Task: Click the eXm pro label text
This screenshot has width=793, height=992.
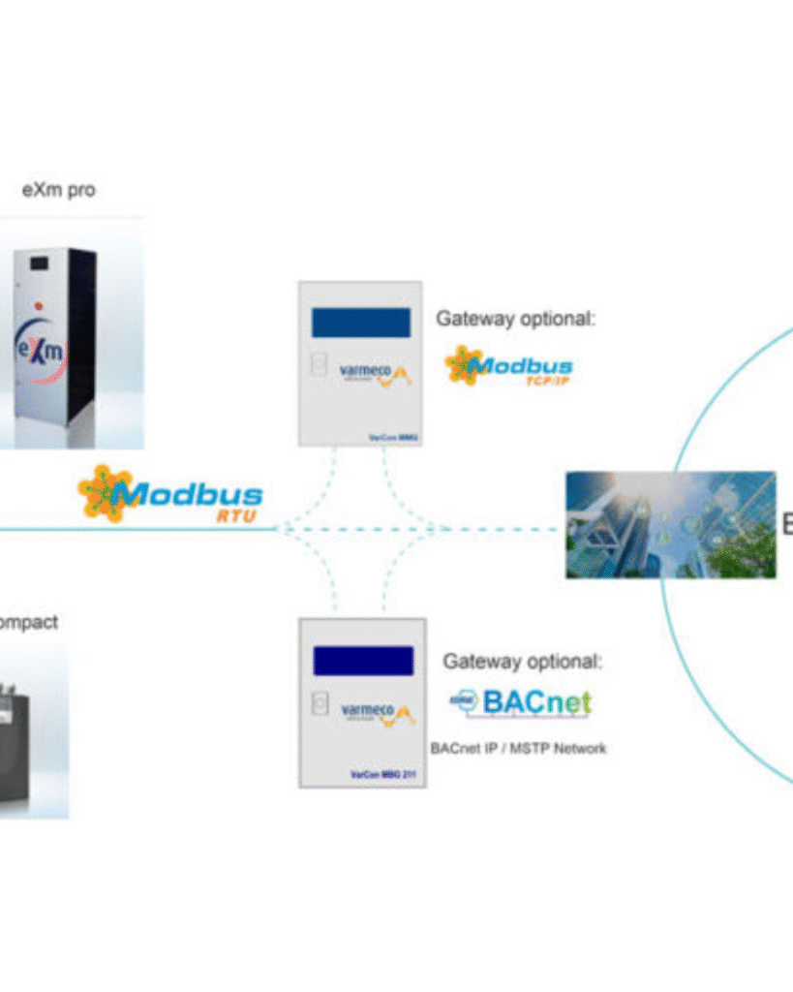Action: click(59, 190)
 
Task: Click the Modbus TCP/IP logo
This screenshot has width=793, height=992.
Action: click(509, 367)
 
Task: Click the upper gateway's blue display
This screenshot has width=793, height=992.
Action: click(360, 323)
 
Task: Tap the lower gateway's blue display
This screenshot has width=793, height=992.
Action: click(363, 661)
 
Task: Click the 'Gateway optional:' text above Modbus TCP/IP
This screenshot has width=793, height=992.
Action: click(514, 318)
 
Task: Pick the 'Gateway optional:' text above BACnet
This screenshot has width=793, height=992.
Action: click(522, 662)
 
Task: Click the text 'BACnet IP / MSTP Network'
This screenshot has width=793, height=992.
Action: click(518, 748)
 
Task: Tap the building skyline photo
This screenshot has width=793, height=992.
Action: click(670, 524)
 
